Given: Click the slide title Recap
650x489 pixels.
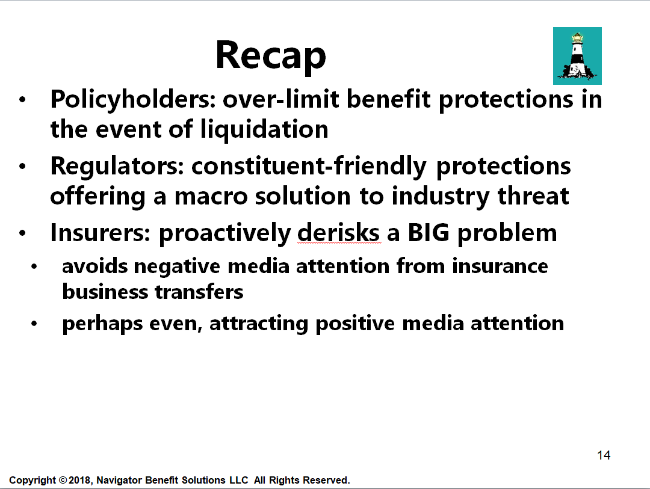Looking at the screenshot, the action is (x=271, y=56).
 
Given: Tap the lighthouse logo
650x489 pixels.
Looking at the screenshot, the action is (x=577, y=56).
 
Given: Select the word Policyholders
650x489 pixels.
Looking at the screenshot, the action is (x=133, y=100).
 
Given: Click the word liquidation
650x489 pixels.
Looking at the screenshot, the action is (x=264, y=129).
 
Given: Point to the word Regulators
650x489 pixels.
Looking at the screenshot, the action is (x=117, y=167).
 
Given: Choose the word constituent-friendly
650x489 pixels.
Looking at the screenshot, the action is (x=309, y=167).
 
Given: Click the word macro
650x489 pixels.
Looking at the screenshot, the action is (x=211, y=197).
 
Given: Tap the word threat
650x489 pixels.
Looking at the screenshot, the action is (x=533, y=195).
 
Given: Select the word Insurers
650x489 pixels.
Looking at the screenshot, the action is (x=100, y=233).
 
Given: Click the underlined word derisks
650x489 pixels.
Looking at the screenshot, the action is (x=338, y=233).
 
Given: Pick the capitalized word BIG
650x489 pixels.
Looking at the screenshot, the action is (x=429, y=233).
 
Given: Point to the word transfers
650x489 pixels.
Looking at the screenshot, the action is (x=199, y=292).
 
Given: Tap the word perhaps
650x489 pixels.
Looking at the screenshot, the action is (x=102, y=324).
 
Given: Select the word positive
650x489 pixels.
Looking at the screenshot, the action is (x=355, y=324).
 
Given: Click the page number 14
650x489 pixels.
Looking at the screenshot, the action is (x=604, y=455).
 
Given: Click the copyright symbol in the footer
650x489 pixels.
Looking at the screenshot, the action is (x=63, y=481).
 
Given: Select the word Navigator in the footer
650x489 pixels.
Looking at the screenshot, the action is (x=119, y=481).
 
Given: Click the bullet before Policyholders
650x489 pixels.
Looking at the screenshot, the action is (x=22, y=100).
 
